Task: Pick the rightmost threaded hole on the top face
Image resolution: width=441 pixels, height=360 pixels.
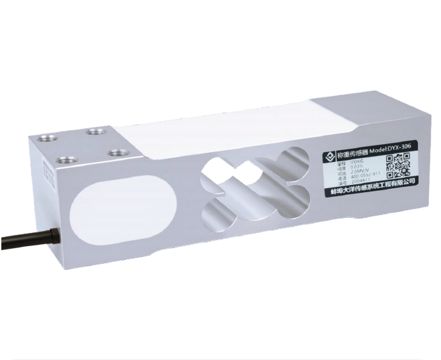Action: click(x=118, y=152)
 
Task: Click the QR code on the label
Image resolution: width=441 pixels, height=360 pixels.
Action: click(x=398, y=165)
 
